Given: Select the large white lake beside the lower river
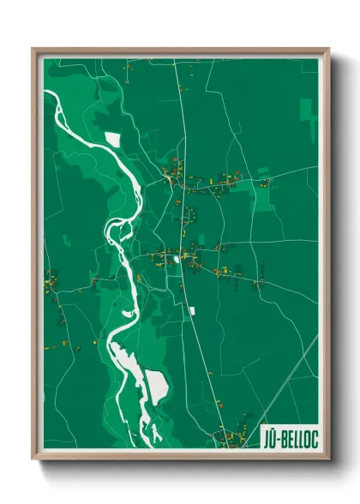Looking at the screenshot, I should coord(157,386).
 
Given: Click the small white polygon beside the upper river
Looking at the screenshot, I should coord(111,138).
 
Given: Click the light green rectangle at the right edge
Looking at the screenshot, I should coord(309,116).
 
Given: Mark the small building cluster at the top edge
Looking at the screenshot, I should coord(128,64).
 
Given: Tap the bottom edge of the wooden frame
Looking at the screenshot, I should coord(180,456).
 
